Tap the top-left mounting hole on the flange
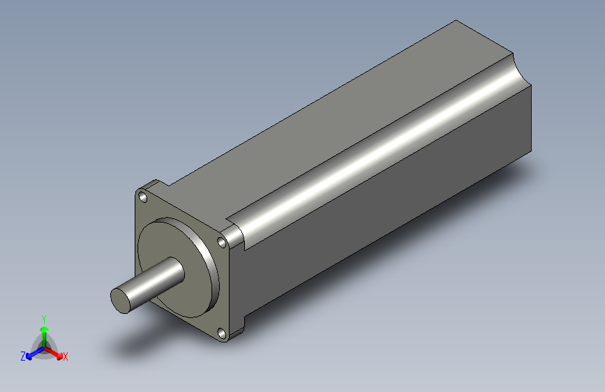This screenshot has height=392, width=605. pyautogui.click(x=144, y=198)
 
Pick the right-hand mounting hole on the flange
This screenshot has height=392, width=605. pyautogui.click(x=222, y=243)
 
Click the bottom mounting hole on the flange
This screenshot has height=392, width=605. pyautogui.click(x=222, y=335)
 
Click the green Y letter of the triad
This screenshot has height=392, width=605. pyautogui.click(x=43, y=318)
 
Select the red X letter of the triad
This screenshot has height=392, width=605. pyautogui.click(x=66, y=356)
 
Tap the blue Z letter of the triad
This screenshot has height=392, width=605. pyautogui.click(x=23, y=356)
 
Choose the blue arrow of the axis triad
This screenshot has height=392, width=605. pyautogui.click(x=31, y=352)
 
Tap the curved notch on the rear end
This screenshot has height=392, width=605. pyautogui.click(x=520, y=70)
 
